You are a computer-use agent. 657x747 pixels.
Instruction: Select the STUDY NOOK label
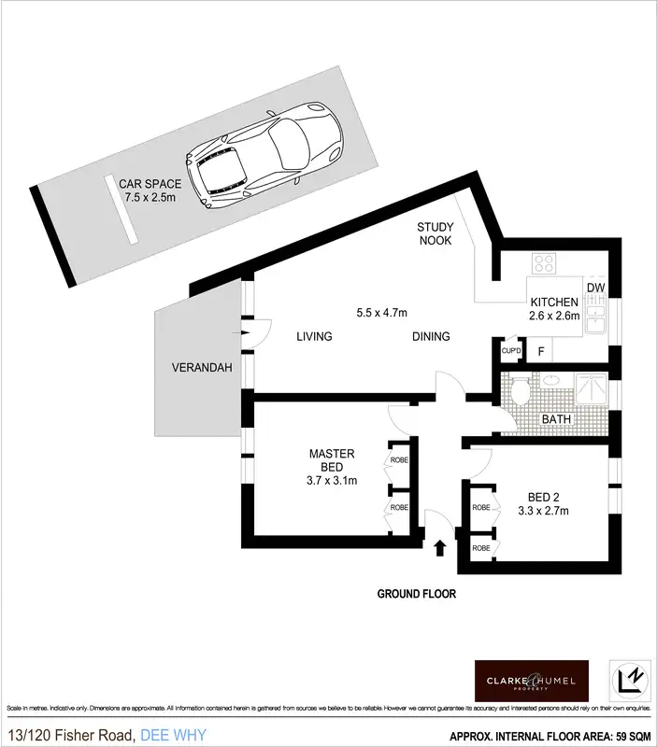[x=435, y=233]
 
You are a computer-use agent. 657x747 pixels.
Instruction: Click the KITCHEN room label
[x=555, y=303]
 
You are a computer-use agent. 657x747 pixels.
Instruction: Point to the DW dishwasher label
[x=594, y=289]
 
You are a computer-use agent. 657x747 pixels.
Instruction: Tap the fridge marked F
[x=540, y=351]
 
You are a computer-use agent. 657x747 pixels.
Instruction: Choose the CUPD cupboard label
[x=510, y=351]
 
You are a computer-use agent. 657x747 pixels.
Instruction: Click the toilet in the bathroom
[x=519, y=391]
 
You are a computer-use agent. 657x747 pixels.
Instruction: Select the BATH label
[x=557, y=419]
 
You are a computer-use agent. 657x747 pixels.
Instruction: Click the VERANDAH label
[x=195, y=368]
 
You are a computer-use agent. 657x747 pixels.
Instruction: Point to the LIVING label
[x=315, y=337]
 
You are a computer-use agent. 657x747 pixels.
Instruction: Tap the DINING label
[x=430, y=337]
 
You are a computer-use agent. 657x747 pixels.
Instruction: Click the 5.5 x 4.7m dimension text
[x=382, y=312]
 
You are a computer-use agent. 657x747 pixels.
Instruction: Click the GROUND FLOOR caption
[x=417, y=593]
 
